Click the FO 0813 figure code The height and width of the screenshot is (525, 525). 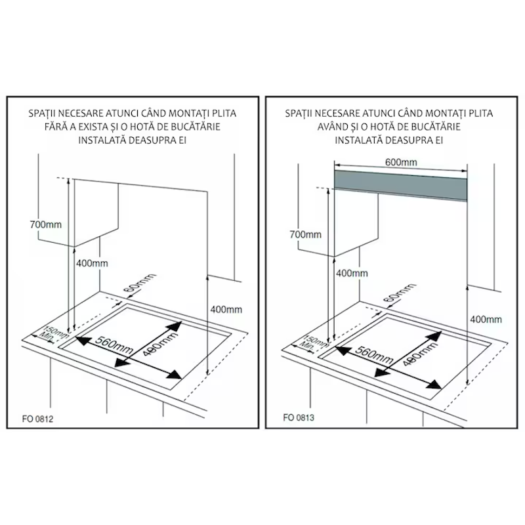pos(299,416)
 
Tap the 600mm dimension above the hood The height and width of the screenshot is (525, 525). pos(400,161)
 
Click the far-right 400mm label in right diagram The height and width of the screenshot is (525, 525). pos(486,319)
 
